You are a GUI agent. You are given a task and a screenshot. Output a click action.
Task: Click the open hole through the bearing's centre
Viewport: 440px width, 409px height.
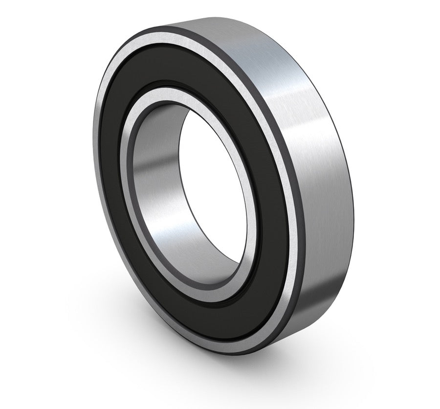[x=210, y=196]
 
